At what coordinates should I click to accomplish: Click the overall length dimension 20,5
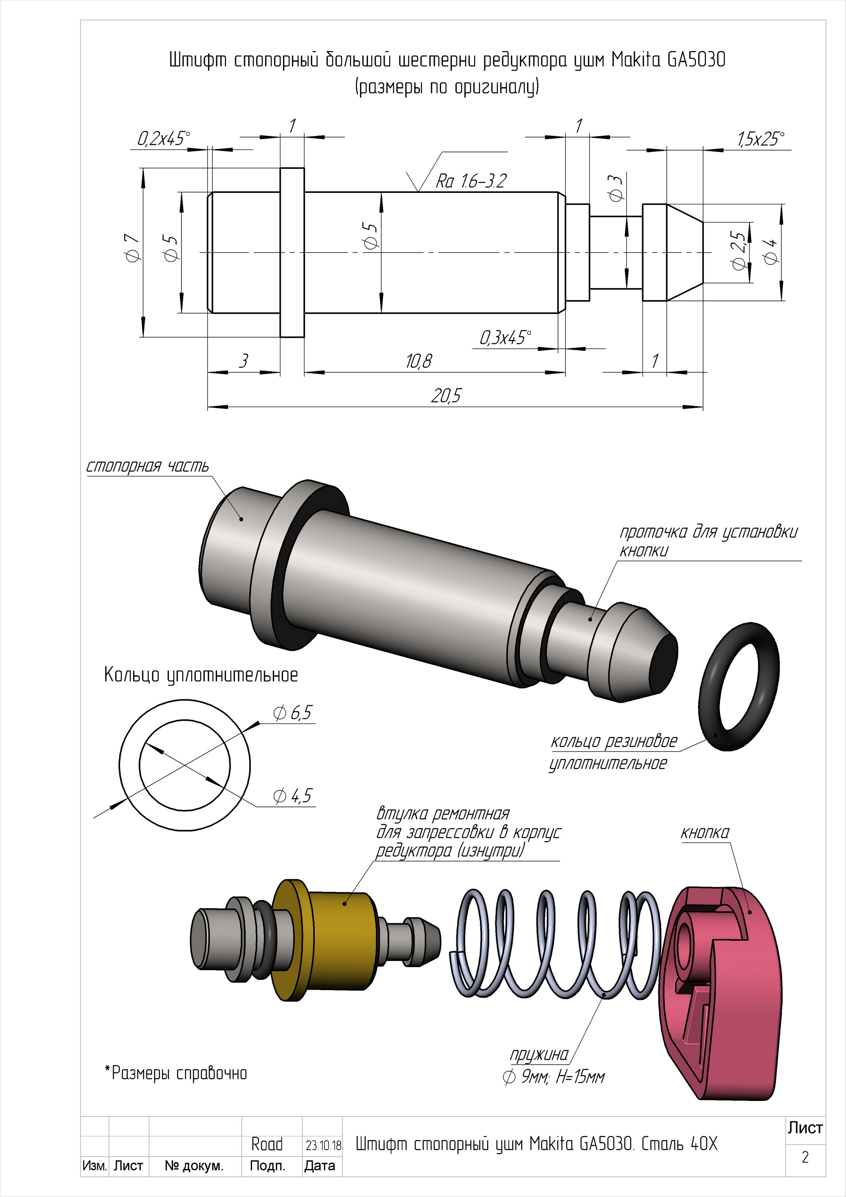pos(446,396)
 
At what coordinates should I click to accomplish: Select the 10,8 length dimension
pos(419,361)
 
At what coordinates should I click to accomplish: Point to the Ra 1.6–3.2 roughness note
pos(471,181)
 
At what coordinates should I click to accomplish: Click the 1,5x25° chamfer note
pos(761,139)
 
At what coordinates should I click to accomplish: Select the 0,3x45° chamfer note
pos(505,338)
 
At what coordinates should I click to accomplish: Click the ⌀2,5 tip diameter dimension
pos(739,250)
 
